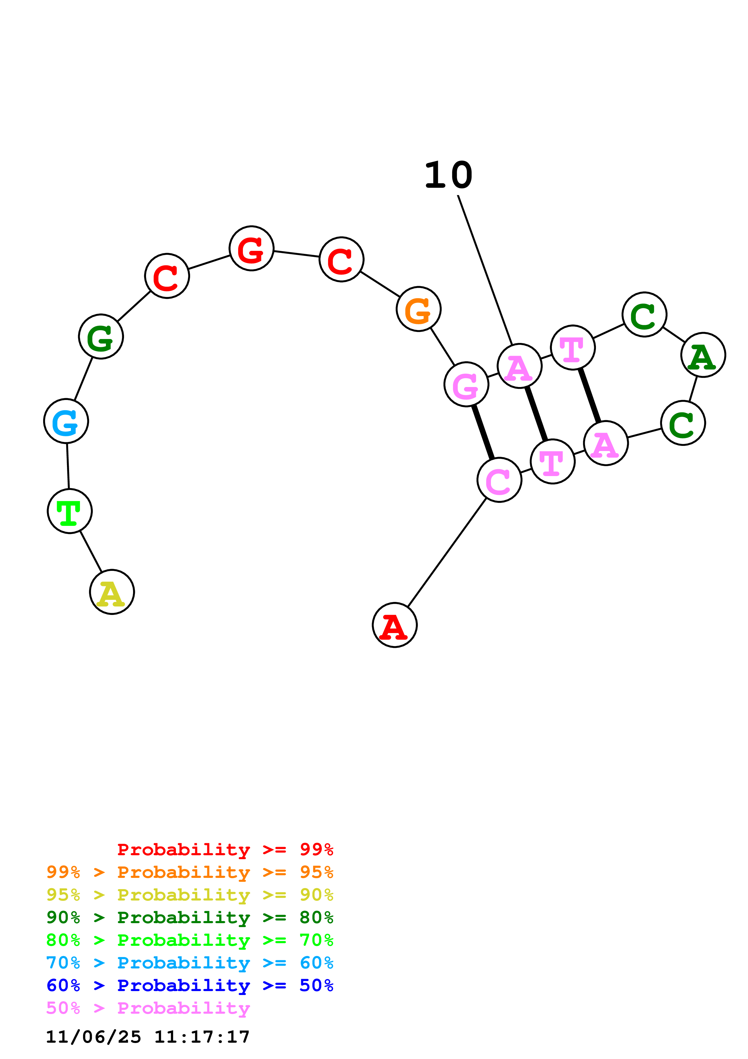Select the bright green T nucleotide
pos(70,511)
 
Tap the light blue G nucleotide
pos(66,421)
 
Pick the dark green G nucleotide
pos(101,337)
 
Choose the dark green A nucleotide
pos(703,355)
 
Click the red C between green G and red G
pos(167,276)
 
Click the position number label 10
pos(448,175)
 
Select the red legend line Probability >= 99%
pos(225,849)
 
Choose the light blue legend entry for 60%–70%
pos(189,963)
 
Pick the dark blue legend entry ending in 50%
pos(189,985)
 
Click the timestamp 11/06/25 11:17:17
pos(148,1037)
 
